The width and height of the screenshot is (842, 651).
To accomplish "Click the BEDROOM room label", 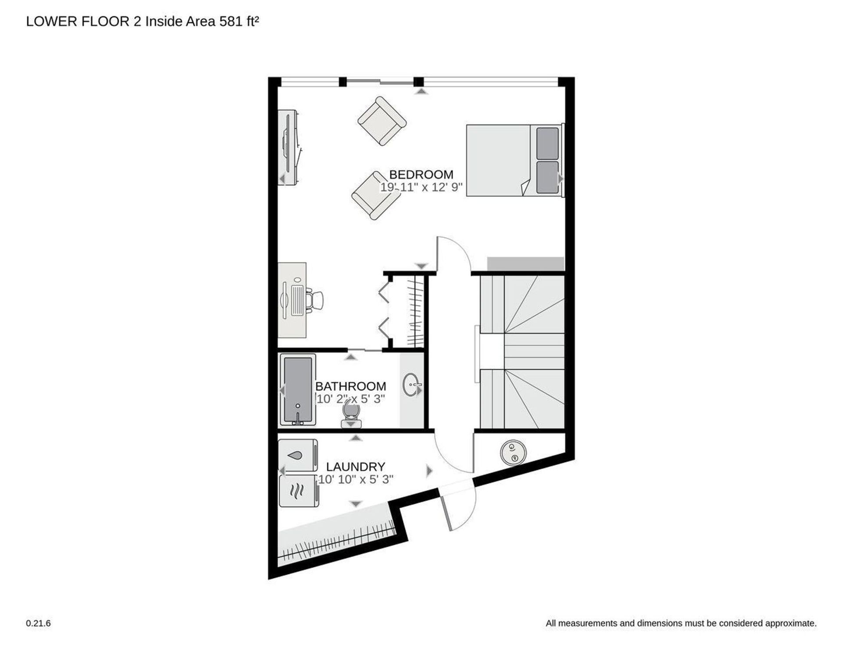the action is (421, 174).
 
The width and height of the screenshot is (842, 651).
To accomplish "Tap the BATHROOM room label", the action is (351, 386).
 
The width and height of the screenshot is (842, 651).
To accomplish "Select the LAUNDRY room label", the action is (356, 466).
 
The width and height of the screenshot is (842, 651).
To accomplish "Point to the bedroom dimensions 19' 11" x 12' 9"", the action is (421, 187).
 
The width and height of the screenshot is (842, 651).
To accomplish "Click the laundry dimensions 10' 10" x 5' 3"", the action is (356, 479).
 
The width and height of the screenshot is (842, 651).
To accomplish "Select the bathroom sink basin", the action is (411, 385).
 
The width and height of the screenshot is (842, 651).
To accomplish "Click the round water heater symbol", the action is (513, 453).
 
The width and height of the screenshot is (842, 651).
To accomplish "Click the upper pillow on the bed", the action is (548, 144).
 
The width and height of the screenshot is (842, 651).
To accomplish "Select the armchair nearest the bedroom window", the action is (382, 121).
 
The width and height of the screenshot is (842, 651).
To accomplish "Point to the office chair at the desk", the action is (314, 300).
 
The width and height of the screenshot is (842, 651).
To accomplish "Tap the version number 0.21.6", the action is (39, 623).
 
